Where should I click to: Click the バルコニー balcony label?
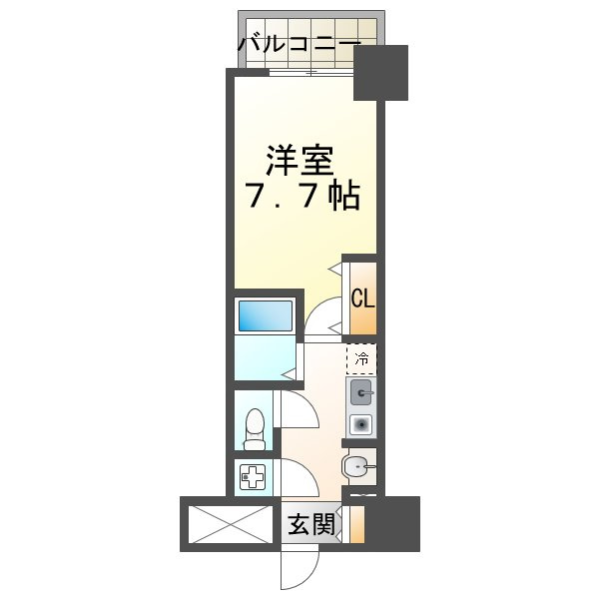(x=299, y=44)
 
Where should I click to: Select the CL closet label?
(x=362, y=298)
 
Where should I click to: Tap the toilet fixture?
(x=256, y=427)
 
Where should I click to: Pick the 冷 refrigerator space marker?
(x=362, y=356)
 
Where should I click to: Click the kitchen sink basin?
(x=361, y=390)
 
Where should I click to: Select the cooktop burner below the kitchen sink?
(x=361, y=424)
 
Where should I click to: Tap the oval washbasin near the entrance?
(x=356, y=464)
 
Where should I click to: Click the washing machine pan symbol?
(x=252, y=477)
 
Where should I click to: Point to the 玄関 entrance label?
(x=311, y=524)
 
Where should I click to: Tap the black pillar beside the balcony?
(x=382, y=72)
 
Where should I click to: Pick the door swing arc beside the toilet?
(x=299, y=417)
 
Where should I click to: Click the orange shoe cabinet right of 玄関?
(x=356, y=525)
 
